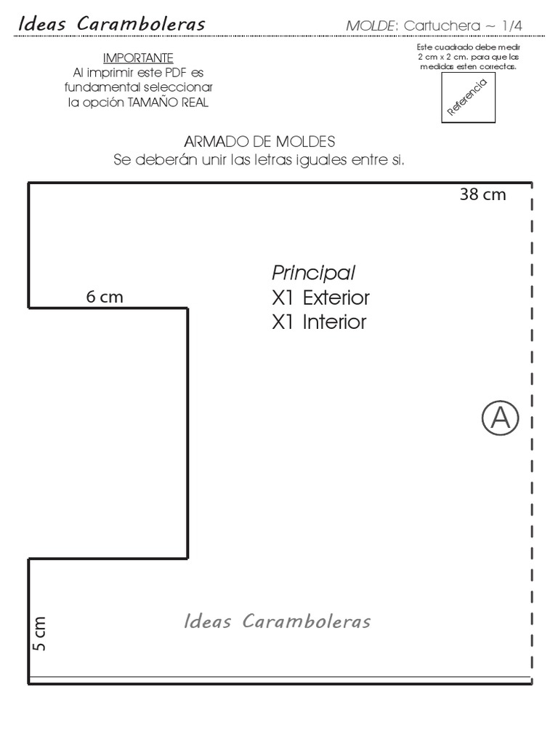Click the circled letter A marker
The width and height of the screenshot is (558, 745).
point(500,418)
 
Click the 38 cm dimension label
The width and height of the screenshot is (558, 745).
point(482,195)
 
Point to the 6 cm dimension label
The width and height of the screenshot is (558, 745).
point(105,297)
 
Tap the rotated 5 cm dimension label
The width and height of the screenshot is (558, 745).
point(39,634)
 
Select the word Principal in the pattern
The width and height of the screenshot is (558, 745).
point(313,274)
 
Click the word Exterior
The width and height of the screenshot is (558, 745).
point(336,298)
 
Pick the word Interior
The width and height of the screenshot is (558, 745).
point(334,322)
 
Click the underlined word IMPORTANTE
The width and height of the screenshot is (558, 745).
point(138,57)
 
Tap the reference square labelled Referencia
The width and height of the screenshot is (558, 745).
point(468,98)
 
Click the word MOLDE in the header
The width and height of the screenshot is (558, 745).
point(371,26)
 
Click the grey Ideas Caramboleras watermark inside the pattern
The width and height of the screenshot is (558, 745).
point(278,621)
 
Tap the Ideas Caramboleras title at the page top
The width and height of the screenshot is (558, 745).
point(111,24)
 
